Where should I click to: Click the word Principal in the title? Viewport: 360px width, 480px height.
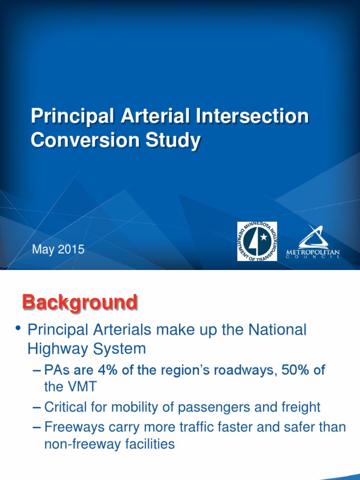[72, 117]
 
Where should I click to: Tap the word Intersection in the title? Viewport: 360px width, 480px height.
[252, 116]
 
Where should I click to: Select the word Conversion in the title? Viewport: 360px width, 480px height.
[85, 140]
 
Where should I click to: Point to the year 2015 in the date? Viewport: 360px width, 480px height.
[71, 249]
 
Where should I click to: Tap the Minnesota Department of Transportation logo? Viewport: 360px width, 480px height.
[257, 241]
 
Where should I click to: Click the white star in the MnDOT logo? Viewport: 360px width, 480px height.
[263, 237]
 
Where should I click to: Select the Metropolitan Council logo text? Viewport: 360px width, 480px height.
[313, 254]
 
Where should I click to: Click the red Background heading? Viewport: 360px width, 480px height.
[80, 302]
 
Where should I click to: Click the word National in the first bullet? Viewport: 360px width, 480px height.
[277, 330]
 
